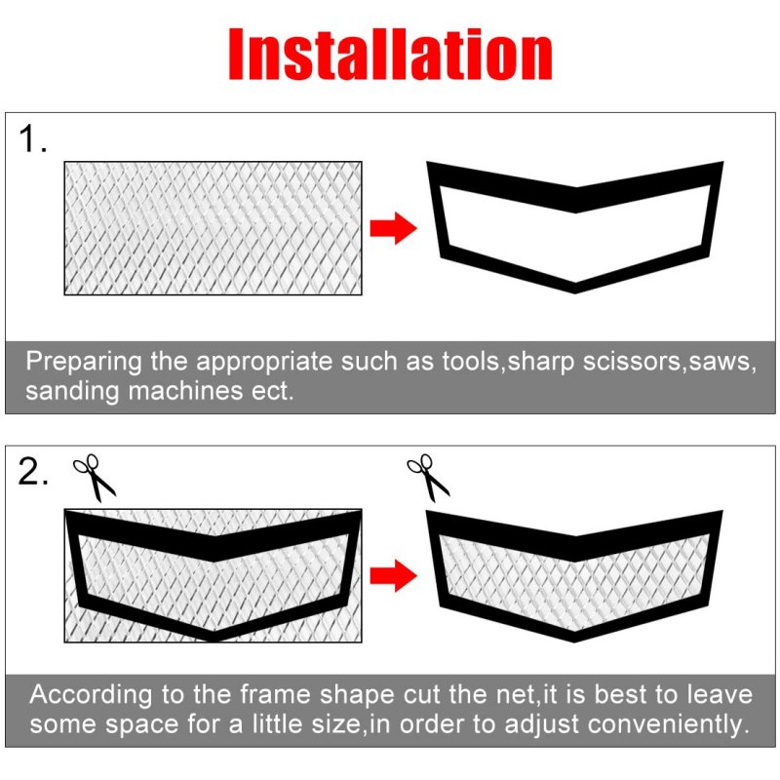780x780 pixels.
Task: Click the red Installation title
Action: tap(390, 54)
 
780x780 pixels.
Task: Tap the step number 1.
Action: tap(32, 138)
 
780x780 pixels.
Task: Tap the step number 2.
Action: tap(33, 471)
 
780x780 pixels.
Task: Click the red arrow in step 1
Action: tap(393, 228)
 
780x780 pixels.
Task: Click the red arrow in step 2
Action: tap(393, 575)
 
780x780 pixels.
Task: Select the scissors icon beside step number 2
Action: tap(94, 477)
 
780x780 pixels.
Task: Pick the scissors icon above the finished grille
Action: tap(428, 477)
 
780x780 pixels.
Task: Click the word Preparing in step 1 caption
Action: tap(84, 362)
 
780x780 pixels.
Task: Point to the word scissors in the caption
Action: tap(631, 361)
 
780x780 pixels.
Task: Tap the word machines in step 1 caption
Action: tap(185, 391)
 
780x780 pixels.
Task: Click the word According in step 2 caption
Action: tap(91, 695)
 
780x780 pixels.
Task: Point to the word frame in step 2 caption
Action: tap(275, 693)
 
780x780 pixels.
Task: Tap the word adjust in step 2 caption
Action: tap(542, 724)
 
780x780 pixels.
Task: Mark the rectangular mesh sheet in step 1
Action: tap(213, 228)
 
